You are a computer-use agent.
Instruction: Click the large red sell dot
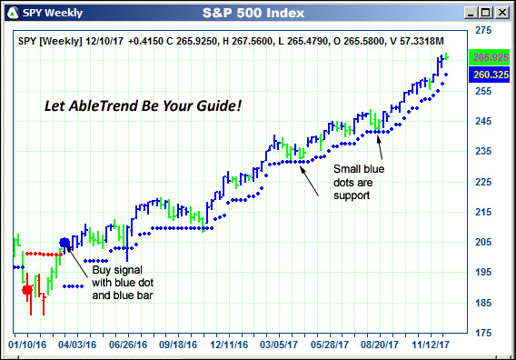pyautogui.click(x=26, y=290)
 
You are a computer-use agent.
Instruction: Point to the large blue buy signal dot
pyautogui.click(x=64, y=243)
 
